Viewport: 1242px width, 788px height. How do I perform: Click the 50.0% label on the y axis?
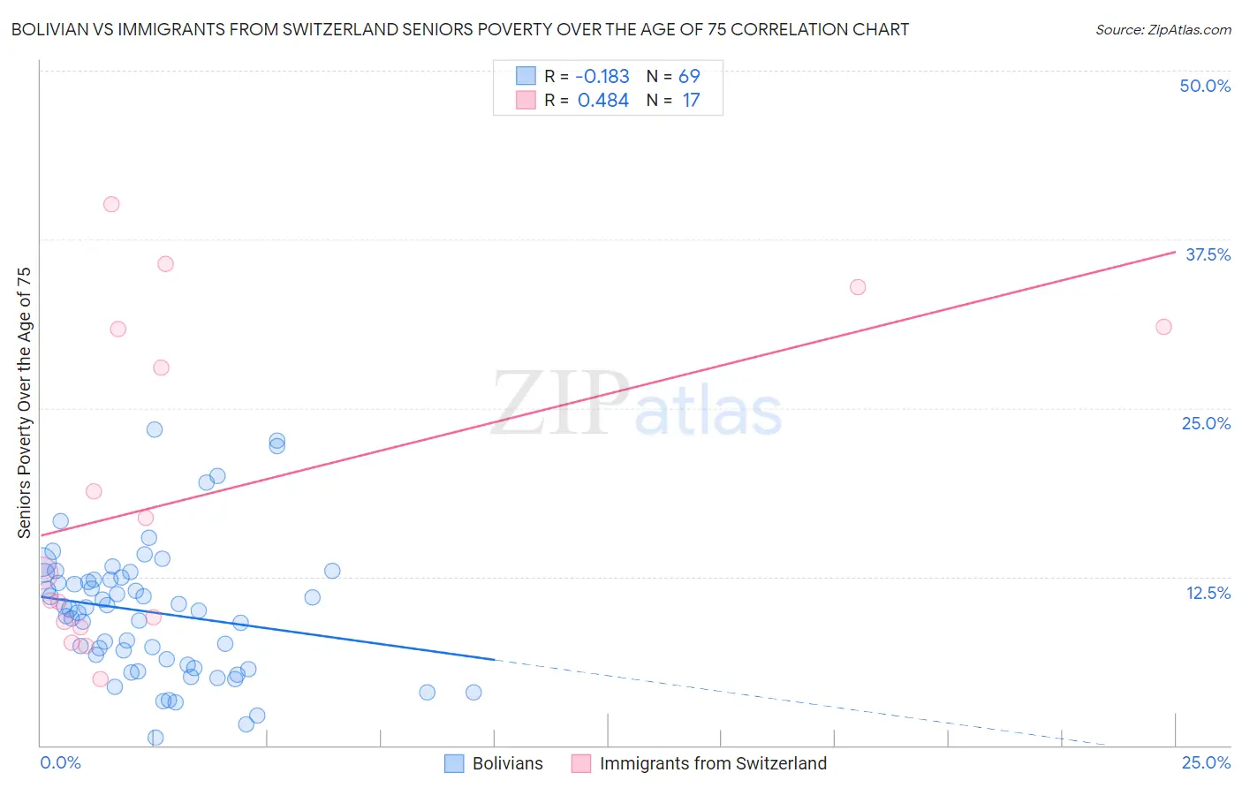1205,86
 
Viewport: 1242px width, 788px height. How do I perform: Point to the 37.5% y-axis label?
1208,254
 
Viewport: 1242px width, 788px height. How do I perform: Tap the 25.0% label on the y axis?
1206,423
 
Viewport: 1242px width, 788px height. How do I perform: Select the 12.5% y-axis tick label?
1208,593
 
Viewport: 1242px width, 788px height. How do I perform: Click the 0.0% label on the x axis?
60,762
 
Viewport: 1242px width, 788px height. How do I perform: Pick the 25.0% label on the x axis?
1206,762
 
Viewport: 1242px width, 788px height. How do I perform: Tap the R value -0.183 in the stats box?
602,77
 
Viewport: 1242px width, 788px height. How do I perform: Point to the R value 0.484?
602,101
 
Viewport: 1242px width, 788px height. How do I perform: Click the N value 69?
689,77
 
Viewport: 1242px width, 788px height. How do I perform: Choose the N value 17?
691,101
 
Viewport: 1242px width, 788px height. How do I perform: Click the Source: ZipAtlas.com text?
1162,30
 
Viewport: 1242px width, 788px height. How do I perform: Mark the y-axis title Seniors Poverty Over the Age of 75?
25,403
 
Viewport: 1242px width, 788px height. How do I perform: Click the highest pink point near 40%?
111,204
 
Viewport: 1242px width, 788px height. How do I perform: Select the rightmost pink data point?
1163,327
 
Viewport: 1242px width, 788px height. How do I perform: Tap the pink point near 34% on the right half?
858,287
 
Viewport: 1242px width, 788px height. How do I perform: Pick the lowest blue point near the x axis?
155,738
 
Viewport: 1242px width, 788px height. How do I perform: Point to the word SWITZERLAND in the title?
350,30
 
